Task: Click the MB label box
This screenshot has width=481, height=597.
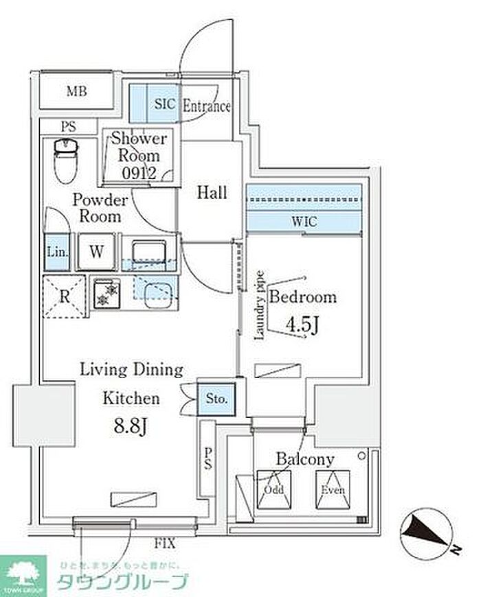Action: (76, 92)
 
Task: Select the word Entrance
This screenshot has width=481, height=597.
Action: (206, 106)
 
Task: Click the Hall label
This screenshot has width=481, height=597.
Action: (212, 193)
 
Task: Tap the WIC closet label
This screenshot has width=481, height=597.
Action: (304, 222)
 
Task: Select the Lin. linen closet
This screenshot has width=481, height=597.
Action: (57, 252)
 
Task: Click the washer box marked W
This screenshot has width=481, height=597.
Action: (96, 251)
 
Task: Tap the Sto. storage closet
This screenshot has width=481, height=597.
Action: (218, 397)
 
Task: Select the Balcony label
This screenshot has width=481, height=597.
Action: (305, 459)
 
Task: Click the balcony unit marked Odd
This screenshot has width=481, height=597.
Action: (274, 489)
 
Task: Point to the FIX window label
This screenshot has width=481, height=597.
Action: (164, 544)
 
